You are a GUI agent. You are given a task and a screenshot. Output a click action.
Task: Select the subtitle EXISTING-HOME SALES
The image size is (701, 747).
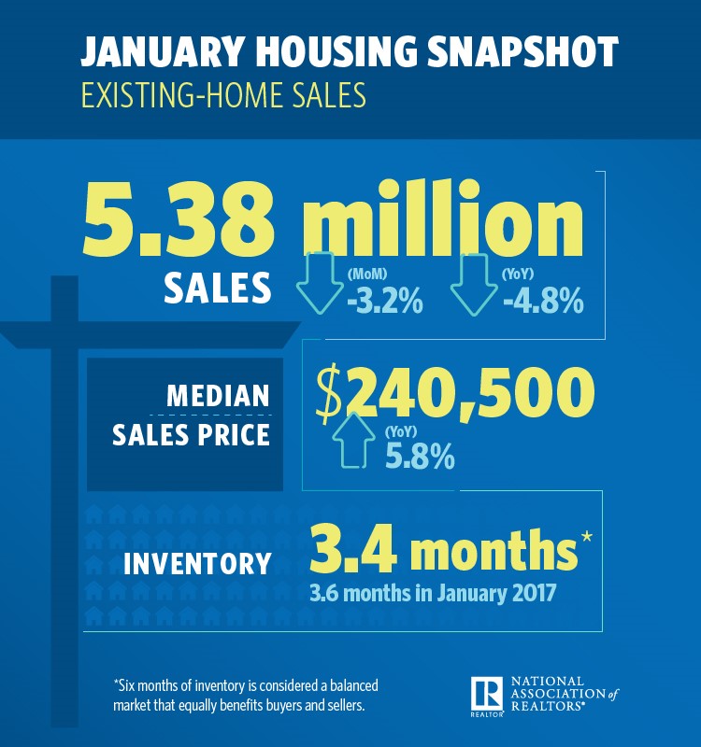coord(222,96)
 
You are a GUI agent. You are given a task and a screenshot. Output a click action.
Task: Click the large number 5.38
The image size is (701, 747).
coord(179,223)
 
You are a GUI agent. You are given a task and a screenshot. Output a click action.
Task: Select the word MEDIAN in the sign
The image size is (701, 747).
coord(217,395)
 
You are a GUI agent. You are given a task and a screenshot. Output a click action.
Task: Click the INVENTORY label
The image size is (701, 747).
coord(197,564)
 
